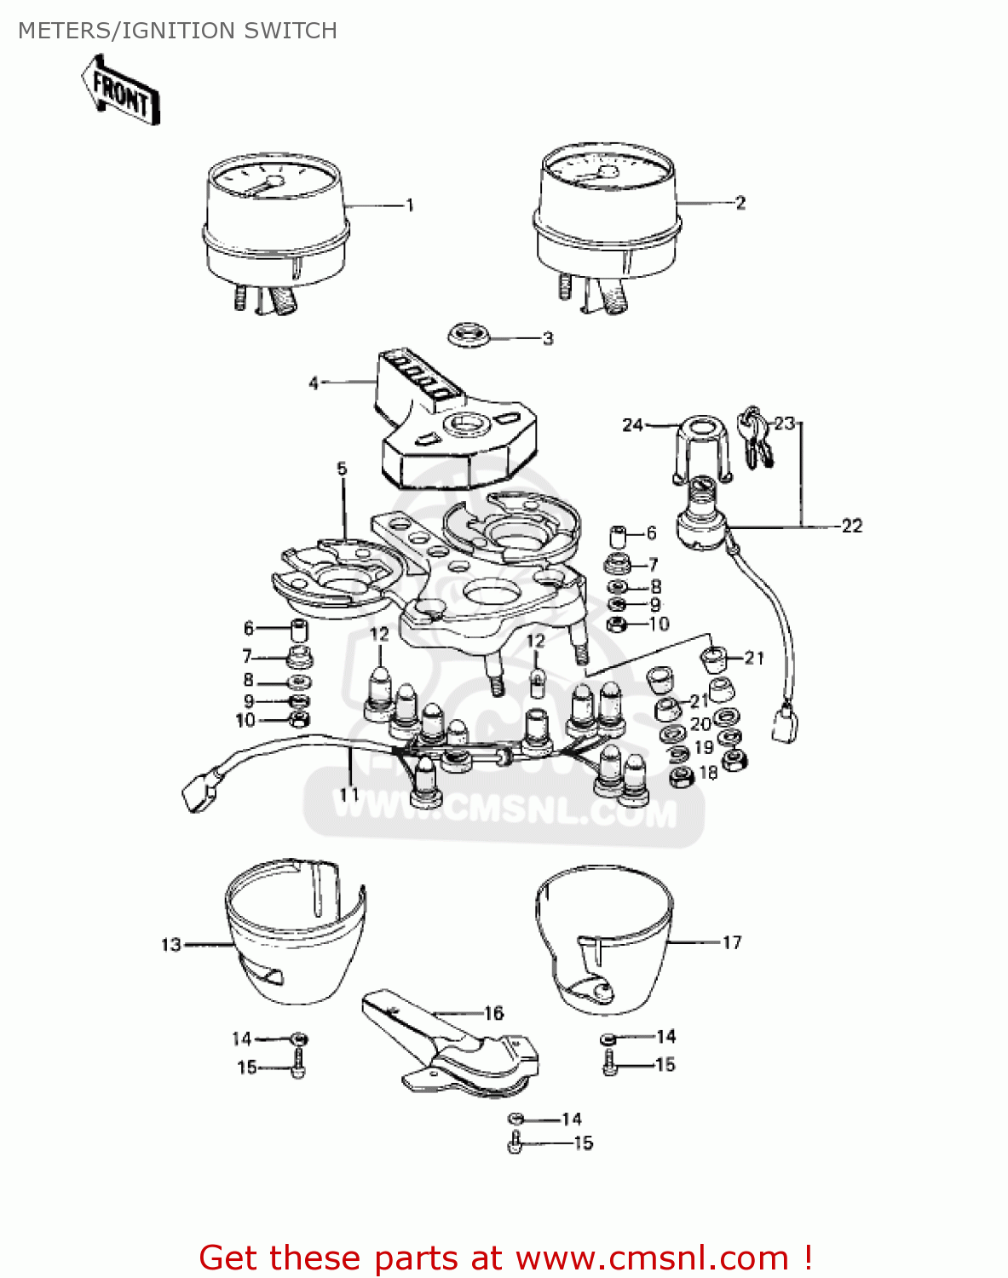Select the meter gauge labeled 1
click(276, 222)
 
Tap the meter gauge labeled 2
click(607, 213)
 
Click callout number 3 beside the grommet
click(548, 338)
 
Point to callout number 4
click(314, 383)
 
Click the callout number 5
click(342, 469)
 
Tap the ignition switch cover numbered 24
click(702, 447)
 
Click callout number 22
click(851, 526)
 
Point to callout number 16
click(494, 1013)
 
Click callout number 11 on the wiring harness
click(349, 793)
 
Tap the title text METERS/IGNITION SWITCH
click(177, 31)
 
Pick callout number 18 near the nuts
click(708, 773)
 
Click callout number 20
click(700, 724)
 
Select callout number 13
click(171, 944)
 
